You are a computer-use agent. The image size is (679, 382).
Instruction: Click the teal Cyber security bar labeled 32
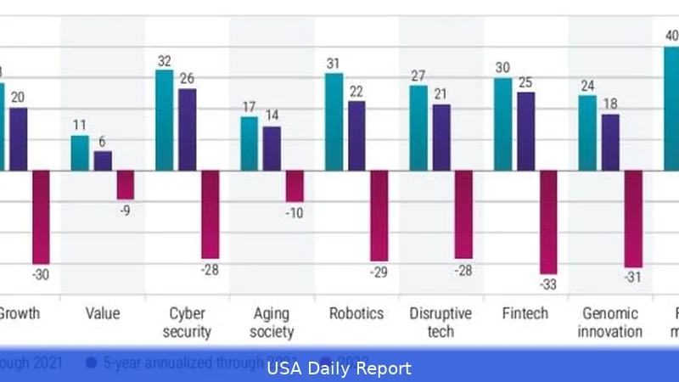[x=164, y=120]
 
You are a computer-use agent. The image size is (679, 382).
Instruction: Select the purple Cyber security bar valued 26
[x=187, y=129]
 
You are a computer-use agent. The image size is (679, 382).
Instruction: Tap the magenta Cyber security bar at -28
[x=210, y=214]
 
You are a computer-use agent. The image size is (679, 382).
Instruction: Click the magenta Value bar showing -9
[x=125, y=184]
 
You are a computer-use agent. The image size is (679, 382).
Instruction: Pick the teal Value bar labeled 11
[x=80, y=153]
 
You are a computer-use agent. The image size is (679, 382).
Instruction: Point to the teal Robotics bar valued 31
[x=334, y=121]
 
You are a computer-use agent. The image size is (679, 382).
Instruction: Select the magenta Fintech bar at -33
[x=548, y=222]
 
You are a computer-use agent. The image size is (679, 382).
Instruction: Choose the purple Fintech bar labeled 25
[x=526, y=131]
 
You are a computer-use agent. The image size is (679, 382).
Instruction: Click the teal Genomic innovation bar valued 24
[x=587, y=132]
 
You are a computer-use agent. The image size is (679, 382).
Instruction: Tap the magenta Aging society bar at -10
[x=295, y=185]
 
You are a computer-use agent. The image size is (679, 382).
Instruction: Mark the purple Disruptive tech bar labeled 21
[x=441, y=137]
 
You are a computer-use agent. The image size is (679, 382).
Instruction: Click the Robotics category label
[x=356, y=313]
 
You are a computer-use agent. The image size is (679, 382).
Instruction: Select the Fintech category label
[x=525, y=313]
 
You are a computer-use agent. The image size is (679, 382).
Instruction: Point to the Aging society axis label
[x=272, y=323]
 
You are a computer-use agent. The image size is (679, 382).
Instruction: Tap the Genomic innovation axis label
[x=610, y=323]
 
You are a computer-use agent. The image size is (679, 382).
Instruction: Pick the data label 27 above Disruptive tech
[x=418, y=76]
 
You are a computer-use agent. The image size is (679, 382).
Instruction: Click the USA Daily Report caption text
[x=339, y=368]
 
